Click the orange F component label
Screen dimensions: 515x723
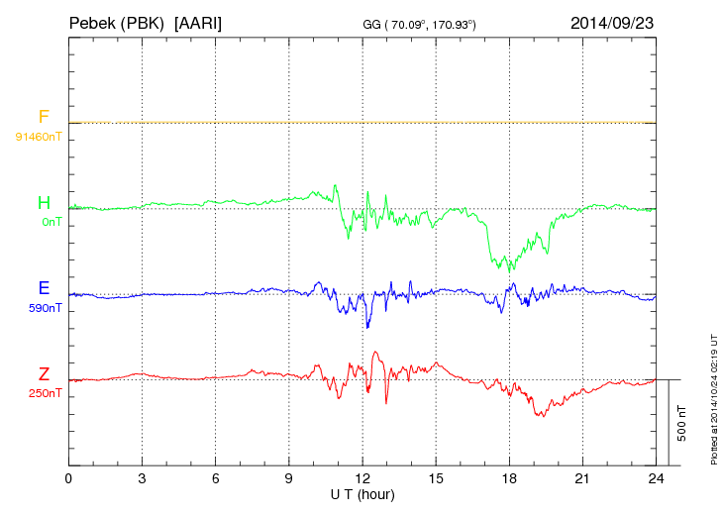[44, 117]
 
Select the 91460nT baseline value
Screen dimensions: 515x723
[39, 136]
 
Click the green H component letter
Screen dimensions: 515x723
[44, 203]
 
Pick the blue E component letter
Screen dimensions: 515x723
[44, 288]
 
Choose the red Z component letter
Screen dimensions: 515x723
[44, 374]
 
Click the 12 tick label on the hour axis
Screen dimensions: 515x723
[362, 478]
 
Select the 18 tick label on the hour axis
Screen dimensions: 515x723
[509, 478]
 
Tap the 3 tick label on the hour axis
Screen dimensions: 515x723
[143, 478]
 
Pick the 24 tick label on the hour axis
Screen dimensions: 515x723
[656, 478]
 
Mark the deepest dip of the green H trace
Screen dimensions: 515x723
[509, 270]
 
